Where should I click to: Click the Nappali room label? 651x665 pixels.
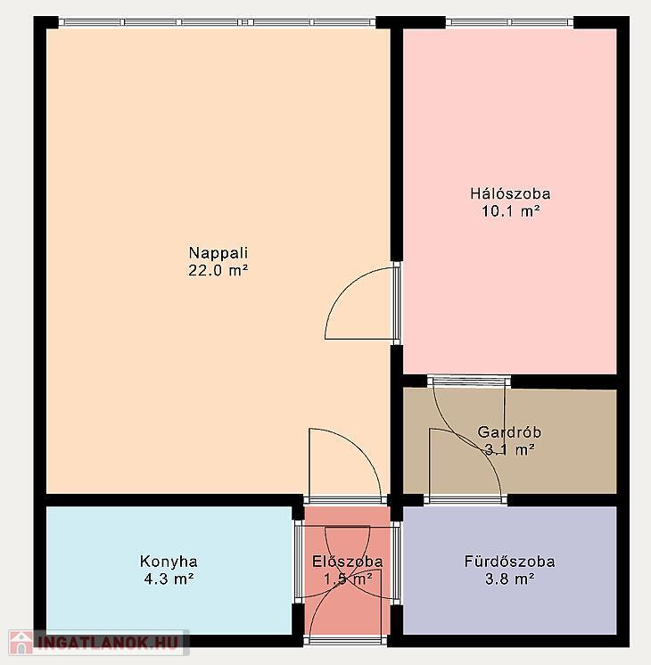click(x=218, y=253)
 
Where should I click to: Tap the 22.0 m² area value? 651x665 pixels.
click(x=218, y=270)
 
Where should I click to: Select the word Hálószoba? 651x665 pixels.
click(x=510, y=193)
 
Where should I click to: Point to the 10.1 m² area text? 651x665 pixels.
click(x=510, y=210)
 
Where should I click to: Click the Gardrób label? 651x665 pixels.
click(x=509, y=431)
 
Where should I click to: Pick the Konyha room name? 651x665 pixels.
click(x=169, y=562)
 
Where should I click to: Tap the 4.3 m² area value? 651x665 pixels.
click(x=169, y=579)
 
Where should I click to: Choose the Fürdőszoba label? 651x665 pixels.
click(x=509, y=562)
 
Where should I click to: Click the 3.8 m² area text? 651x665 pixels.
click(x=510, y=579)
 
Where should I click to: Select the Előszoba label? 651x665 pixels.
click(x=348, y=562)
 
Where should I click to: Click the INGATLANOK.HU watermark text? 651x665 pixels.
click(x=107, y=643)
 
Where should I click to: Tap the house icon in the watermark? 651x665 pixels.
click(x=21, y=643)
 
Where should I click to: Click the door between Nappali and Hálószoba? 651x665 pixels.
click(x=396, y=303)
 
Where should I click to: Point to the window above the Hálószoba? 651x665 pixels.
click(x=510, y=22)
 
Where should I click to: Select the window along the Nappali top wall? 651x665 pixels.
click(x=218, y=22)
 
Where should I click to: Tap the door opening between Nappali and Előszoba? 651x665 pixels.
click(x=345, y=500)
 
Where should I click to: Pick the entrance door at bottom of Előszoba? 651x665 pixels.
click(x=345, y=640)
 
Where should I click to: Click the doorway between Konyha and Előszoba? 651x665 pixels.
click(x=299, y=561)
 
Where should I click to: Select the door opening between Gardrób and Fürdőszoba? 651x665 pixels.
click(x=466, y=500)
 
